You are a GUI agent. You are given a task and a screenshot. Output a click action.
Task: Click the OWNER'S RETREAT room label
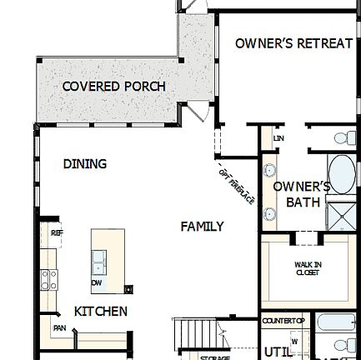293,42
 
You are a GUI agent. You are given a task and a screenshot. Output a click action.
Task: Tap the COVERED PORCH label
114,87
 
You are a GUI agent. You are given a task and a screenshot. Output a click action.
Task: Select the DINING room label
85,164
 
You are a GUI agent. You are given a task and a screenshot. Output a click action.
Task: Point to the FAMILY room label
202,226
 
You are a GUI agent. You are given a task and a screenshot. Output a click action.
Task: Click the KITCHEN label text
101,311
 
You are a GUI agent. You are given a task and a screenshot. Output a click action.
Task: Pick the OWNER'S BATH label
303,194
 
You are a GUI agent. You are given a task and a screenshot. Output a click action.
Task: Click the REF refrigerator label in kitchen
56,234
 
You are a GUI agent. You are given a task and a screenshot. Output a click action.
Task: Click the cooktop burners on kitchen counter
49,279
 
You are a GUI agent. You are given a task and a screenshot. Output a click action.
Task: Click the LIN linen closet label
279,139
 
